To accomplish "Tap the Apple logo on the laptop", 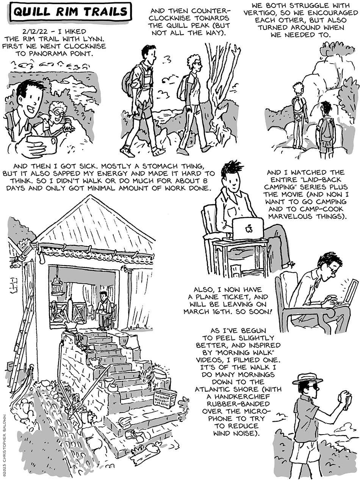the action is click(248, 228).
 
